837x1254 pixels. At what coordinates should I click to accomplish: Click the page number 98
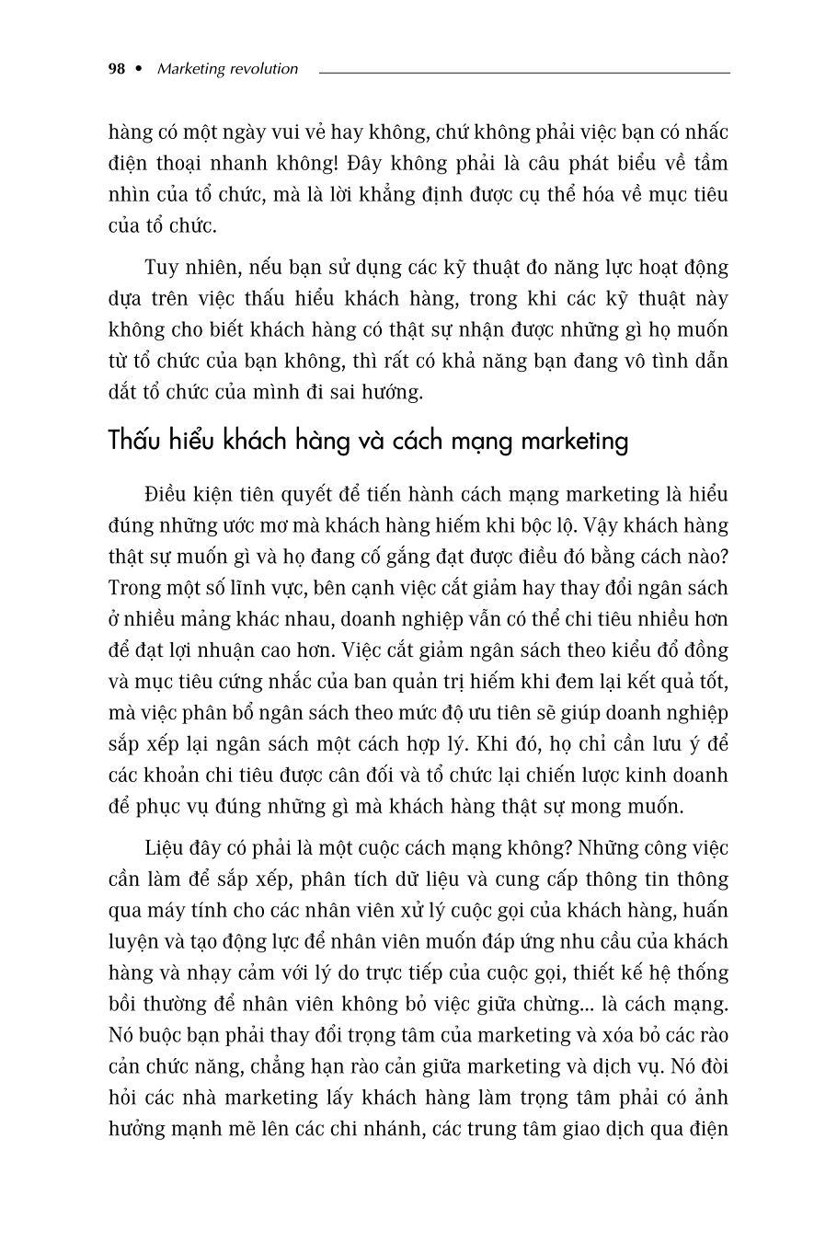[116, 69]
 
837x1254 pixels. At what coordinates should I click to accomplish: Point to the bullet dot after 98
[139, 69]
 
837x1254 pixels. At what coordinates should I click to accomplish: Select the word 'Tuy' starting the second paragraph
[161, 268]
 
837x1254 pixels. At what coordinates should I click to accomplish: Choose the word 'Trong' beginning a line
[132, 588]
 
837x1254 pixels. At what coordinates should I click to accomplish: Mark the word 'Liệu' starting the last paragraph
[166, 848]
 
